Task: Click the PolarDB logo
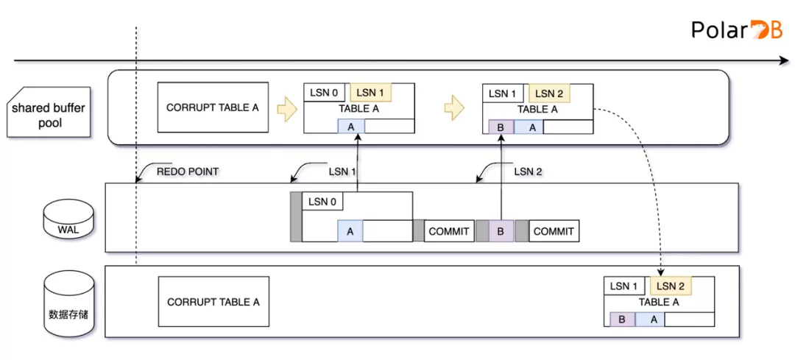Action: pyautogui.click(x=737, y=29)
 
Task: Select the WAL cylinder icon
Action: pyautogui.click(x=68, y=218)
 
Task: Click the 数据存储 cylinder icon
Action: pyautogui.click(x=68, y=302)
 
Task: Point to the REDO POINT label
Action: pyautogui.click(x=187, y=172)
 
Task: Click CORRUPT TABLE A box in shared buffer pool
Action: pyautogui.click(x=213, y=107)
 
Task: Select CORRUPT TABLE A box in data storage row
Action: pyautogui.click(x=213, y=302)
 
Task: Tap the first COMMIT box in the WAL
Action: pyautogui.click(x=448, y=231)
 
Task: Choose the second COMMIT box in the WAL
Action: pyautogui.click(x=554, y=231)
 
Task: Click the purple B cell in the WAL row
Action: pyautogui.click(x=501, y=231)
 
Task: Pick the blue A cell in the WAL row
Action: pyautogui.click(x=350, y=231)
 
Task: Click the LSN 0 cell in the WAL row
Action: pyautogui.click(x=323, y=202)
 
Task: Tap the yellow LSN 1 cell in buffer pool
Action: pyautogui.click(x=370, y=93)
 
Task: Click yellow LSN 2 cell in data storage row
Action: pyautogui.click(x=671, y=286)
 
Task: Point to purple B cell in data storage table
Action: pyautogui.click(x=622, y=319)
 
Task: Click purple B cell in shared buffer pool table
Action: pyautogui.click(x=501, y=127)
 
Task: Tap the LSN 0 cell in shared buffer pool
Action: pyautogui.click(x=325, y=93)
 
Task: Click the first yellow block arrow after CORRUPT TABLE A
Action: pyautogui.click(x=285, y=110)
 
